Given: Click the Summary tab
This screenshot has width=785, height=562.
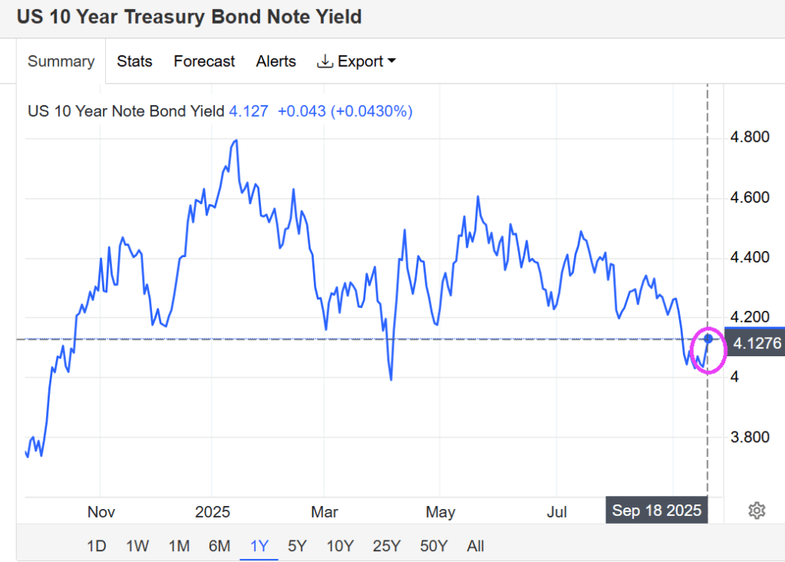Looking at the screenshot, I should point(61,61).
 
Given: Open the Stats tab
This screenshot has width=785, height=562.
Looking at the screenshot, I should point(134,61).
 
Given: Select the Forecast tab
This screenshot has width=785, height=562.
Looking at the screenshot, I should point(204,61).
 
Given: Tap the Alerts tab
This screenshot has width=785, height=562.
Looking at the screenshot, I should point(275,61).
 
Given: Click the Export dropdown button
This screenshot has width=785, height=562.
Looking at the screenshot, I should point(357,61).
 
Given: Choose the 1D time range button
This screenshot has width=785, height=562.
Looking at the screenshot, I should point(96,546).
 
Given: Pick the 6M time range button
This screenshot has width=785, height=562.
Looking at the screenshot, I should point(219,546).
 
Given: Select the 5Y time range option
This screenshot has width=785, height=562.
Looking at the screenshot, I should point(297,546).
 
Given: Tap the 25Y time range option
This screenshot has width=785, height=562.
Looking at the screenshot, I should point(386,546).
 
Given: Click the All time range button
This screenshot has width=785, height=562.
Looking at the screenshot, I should point(475,546).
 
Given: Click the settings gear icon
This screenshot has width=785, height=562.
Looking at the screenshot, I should point(757,510).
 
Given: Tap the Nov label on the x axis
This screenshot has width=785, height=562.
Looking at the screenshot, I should point(101,511).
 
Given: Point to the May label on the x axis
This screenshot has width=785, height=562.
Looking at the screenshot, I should point(440,511).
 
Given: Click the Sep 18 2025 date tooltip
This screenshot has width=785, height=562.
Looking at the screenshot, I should point(657,511).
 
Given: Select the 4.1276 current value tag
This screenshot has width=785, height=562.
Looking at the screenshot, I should point(757,342).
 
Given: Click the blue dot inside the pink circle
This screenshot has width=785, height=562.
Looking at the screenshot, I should point(708,339).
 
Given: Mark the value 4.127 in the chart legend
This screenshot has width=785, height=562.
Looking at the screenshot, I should point(249,111).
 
